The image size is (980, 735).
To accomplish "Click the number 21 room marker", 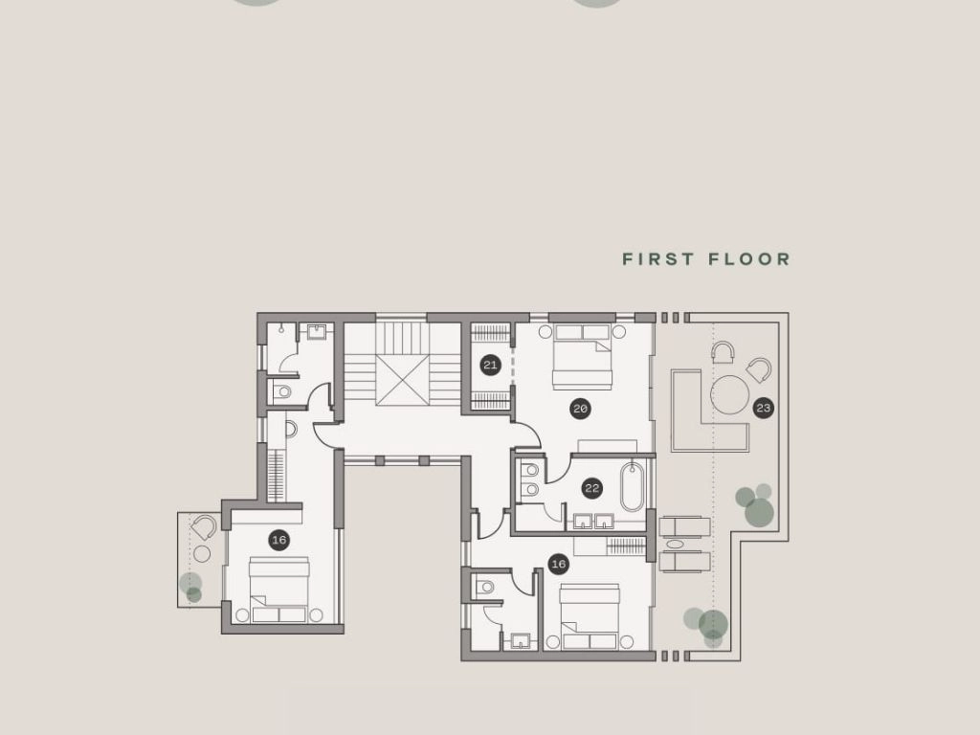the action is [491, 365].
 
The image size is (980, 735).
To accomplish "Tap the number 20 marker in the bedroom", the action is [580, 409].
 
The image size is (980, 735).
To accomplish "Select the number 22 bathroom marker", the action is [591, 487].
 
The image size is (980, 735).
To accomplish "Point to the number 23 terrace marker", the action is [763, 408].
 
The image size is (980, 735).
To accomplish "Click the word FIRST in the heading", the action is [658, 258].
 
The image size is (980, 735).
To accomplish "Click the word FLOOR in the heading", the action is [749, 258].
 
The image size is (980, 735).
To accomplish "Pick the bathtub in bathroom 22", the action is [632, 486].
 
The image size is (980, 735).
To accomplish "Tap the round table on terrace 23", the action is [730, 394].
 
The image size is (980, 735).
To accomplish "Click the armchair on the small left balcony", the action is [204, 527].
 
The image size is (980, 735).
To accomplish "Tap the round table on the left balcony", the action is [202, 554].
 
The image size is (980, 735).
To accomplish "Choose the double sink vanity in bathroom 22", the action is [593, 522].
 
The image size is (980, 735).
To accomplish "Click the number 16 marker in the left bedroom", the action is [278, 540].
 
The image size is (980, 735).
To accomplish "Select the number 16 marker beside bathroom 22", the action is [558, 565].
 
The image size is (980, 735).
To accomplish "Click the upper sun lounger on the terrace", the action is [684, 527].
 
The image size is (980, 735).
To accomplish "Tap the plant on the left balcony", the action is [191, 588].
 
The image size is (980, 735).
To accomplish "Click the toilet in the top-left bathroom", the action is [282, 391].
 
